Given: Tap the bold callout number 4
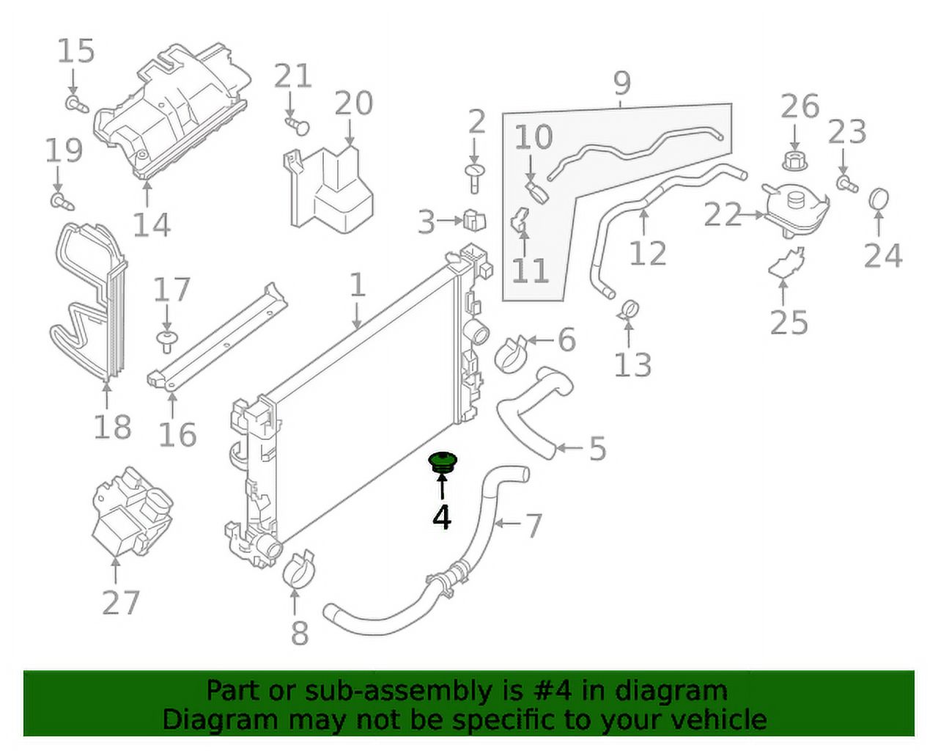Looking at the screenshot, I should pyautogui.click(x=441, y=517).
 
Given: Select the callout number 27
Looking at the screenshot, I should pyautogui.click(x=121, y=603).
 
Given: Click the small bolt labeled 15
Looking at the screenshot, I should pyautogui.click(x=75, y=103).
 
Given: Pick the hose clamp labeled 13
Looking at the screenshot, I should pyautogui.click(x=628, y=310).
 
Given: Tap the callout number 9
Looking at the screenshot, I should pyautogui.click(x=621, y=83).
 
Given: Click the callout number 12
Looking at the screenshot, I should pyautogui.click(x=648, y=254).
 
